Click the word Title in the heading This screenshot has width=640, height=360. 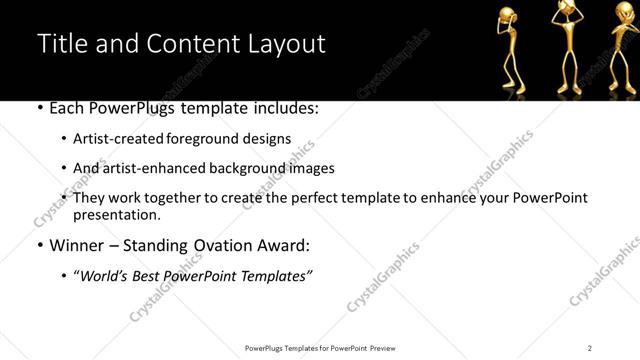click(x=63, y=44)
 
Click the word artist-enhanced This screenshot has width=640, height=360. click(x=153, y=168)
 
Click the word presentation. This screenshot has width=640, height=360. click(x=116, y=214)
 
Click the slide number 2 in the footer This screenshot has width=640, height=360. click(x=589, y=348)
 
